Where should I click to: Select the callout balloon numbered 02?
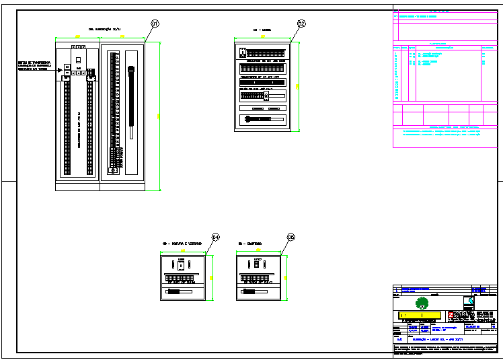pos(301,24)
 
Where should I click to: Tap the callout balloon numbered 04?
pos(216,237)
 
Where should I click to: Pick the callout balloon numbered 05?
pos(291,237)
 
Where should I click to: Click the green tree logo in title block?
pos(422,302)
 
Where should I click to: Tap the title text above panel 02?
pos(262,30)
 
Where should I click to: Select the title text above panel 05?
pos(250,242)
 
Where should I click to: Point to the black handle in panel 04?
pos(176,292)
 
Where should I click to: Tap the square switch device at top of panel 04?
pos(182,264)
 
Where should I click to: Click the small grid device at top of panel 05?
pos(256,264)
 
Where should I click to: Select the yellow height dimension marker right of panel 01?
pos(159,116)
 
